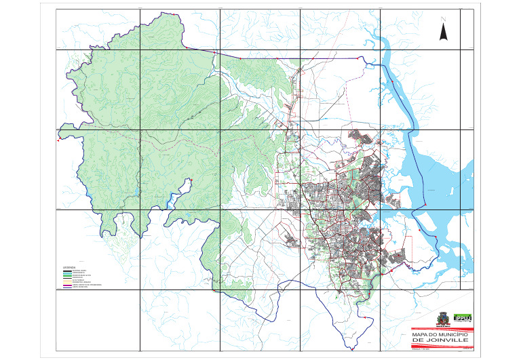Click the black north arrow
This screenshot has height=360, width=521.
point(443,31)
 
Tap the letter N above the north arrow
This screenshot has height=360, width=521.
point(443,19)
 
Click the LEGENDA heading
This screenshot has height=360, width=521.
point(70,267)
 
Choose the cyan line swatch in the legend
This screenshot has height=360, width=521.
point(67,270)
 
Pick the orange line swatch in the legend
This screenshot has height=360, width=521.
point(67,281)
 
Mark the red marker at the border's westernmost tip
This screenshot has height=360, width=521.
point(58,141)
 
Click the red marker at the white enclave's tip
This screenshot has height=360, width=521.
point(192,180)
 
